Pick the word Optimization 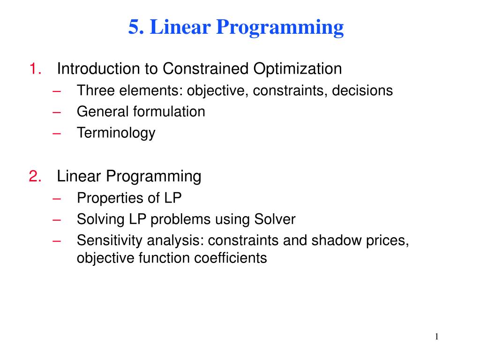tap(298, 69)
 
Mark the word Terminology tap(116, 133)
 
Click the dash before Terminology tap(58, 133)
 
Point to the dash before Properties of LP tap(58, 198)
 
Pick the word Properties tap(105, 198)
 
